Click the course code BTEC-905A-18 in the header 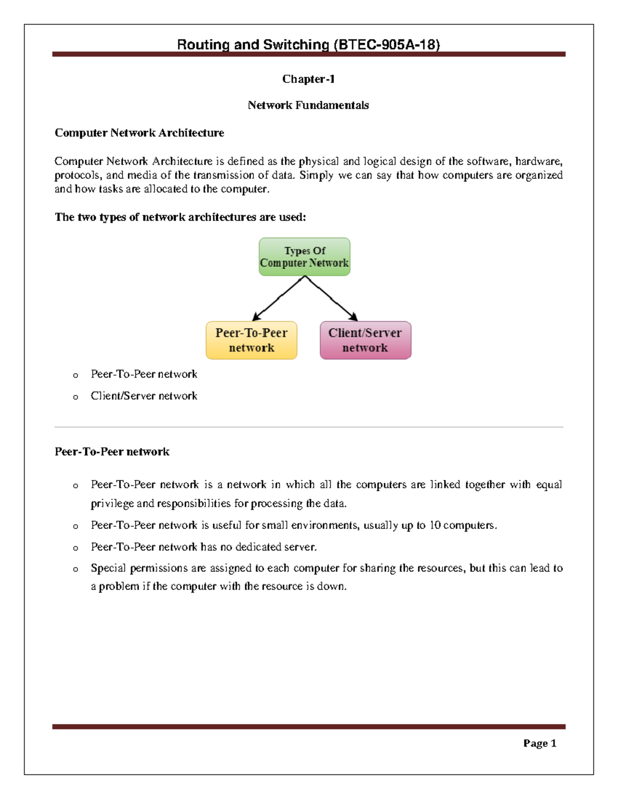387,45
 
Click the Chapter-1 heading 308,79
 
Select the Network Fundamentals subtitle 308,105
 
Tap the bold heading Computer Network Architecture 139,133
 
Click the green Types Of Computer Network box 304,257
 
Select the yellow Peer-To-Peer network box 251,340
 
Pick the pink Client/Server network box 365,340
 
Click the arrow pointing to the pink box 332,299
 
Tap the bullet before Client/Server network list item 76,397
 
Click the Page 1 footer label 539,743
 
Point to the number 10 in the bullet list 435,525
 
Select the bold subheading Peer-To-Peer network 112,452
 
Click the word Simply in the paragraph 316,175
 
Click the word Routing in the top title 203,45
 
